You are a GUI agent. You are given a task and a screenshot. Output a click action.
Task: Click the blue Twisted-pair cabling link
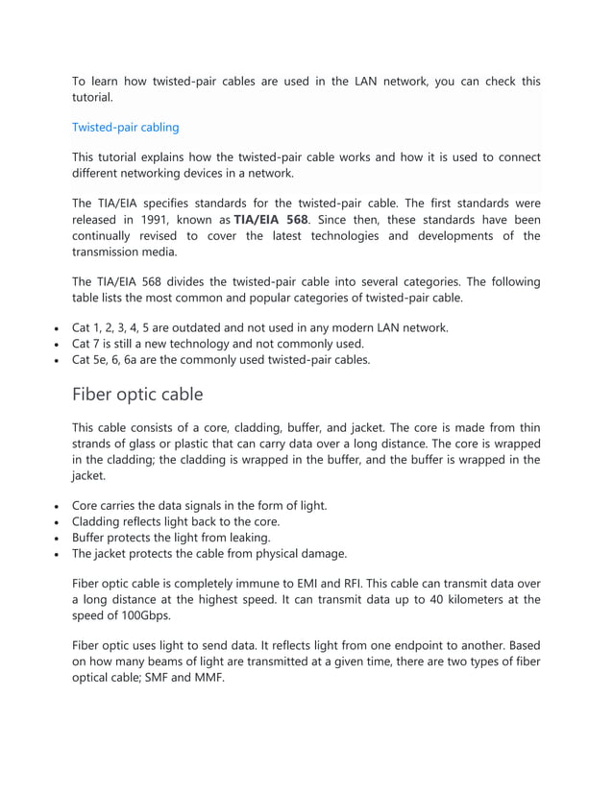tap(125, 127)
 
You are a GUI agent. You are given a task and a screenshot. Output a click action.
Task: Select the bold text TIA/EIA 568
tap(271, 219)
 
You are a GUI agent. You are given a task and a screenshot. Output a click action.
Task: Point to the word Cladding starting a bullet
tap(98, 521)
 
